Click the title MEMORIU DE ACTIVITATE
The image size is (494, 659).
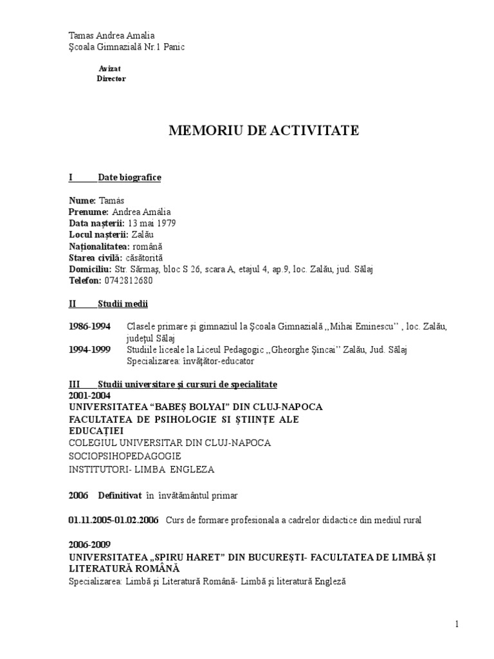click(x=264, y=131)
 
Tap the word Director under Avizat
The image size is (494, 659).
click(x=111, y=79)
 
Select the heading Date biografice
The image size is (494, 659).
click(x=129, y=178)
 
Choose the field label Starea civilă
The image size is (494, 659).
click(x=95, y=258)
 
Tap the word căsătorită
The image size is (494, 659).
click(x=145, y=258)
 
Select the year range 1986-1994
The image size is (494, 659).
click(x=89, y=327)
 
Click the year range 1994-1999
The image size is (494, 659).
click(x=89, y=349)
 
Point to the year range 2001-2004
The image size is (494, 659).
click(x=89, y=396)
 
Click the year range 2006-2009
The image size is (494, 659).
click(x=89, y=544)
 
